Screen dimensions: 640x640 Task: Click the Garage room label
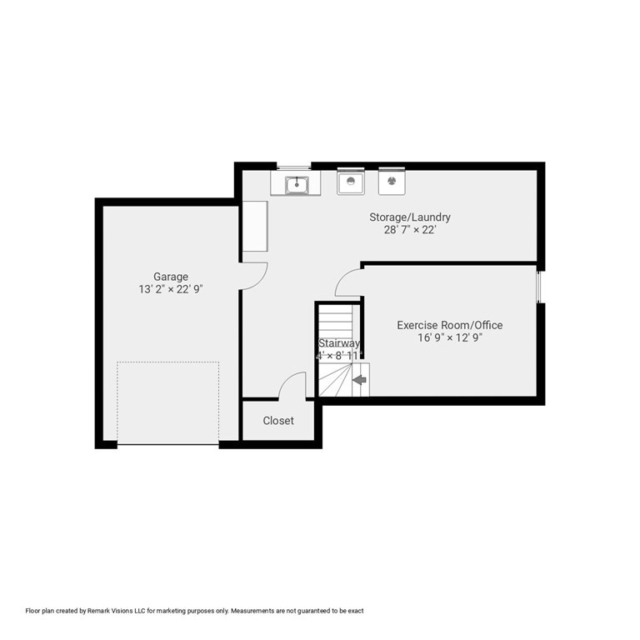[x=170, y=277]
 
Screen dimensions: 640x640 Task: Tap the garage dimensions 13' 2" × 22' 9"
[x=170, y=290]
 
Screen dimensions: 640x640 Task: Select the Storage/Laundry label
[x=410, y=217]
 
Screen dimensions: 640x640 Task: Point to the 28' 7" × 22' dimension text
[x=410, y=230]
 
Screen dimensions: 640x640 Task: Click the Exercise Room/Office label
[x=449, y=325]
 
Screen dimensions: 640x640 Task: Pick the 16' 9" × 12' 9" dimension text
[x=449, y=337]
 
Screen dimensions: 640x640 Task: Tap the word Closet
[x=278, y=421]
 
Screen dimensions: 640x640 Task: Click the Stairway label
[x=338, y=343]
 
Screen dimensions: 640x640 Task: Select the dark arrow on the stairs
[x=359, y=380]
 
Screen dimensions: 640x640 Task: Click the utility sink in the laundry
[x=296, y=183]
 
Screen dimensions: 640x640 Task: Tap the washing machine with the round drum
[x=351, y=181]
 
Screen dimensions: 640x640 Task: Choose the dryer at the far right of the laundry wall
[x=392, y=181]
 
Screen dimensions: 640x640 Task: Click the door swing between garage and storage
[x=252, y=276]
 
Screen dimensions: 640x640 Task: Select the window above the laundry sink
[x=294, y=167]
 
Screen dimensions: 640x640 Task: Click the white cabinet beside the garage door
[x=254, y=226]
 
